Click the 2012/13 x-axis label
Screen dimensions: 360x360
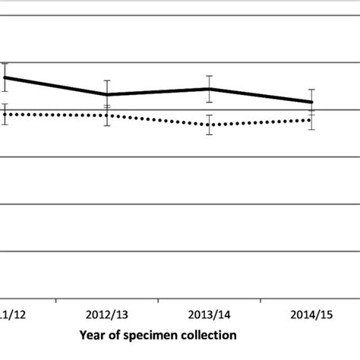point(107,314)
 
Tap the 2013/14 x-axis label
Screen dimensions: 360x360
point(209,314)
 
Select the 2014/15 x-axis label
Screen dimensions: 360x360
point(311,314)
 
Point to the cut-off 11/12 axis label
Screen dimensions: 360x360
point(14,314)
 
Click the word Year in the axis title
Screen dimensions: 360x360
point(92,335)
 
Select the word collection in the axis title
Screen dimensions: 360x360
point(209,335)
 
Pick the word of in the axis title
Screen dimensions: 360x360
point(114,335)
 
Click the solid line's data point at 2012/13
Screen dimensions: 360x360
point(107,95)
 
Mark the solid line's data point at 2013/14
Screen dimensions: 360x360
point(209,89)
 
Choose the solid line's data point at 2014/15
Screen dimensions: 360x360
point(311,102)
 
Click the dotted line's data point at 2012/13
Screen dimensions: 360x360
point(107,115)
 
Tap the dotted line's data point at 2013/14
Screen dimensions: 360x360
point(209,125)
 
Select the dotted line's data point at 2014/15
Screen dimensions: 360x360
point(311,119)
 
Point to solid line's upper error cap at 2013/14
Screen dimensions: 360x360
point(209,76)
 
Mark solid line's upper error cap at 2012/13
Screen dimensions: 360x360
point(107,81)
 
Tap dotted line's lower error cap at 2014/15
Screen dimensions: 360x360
point(311,130)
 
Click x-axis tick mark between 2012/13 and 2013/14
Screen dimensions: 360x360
point(158,301)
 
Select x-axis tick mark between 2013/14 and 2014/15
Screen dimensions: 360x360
point(260,301)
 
